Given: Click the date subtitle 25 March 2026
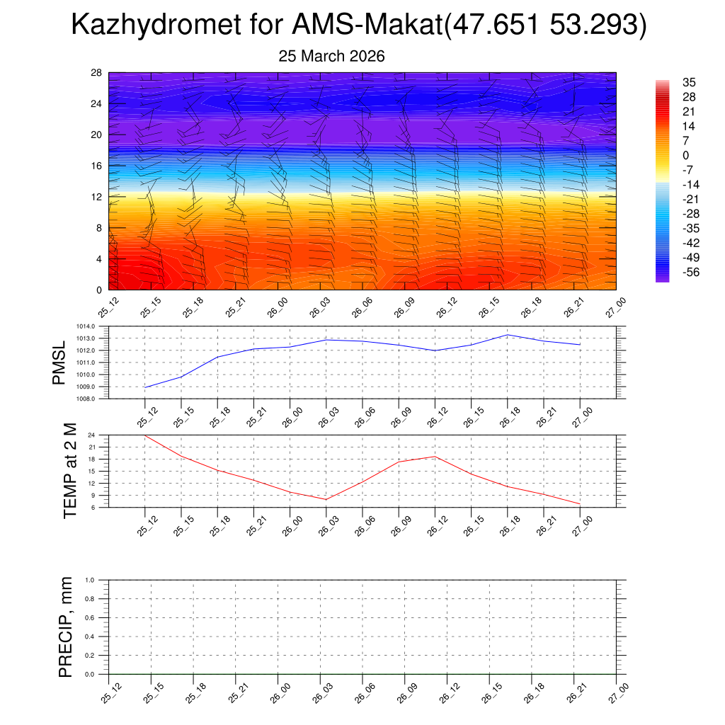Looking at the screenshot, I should [331, 57].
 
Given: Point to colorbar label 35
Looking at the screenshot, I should [688, 82].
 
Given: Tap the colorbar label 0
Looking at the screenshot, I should [685, 155].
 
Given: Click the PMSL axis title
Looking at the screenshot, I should [59, 362].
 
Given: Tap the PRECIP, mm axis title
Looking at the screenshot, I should [66, 627].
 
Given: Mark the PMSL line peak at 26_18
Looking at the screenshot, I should [508, 334].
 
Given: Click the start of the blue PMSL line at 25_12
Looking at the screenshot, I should [145, 387].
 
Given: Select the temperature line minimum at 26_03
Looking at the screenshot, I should [326, 500].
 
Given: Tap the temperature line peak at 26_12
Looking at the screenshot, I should [435, 456].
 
